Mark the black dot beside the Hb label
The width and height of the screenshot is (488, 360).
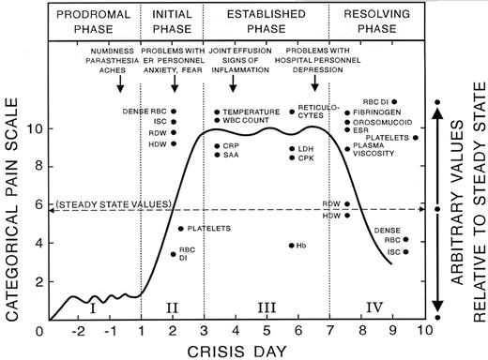291,246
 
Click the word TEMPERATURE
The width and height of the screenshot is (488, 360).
255,112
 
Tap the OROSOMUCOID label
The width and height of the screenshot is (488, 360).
384,122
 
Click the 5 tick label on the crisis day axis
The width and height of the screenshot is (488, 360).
267,331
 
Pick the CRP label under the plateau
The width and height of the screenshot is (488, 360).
233,145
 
